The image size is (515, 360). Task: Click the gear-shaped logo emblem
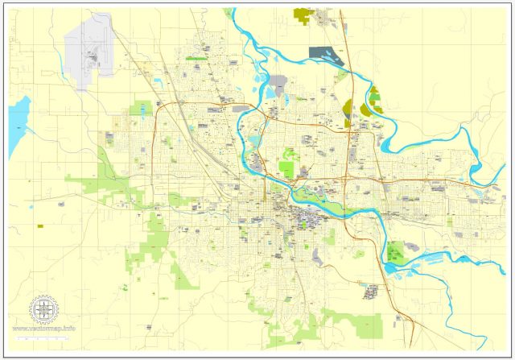(44, 308)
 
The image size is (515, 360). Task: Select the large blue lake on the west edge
(18, 121)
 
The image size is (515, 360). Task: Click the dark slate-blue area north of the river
(325, 55)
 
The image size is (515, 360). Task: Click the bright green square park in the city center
(286, 170)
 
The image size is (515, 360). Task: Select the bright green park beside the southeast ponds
(394, 252)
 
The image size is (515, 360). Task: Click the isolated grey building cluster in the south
(371, 292)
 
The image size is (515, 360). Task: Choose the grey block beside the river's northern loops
(278, 82)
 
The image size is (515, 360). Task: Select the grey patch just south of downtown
(319, 256)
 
